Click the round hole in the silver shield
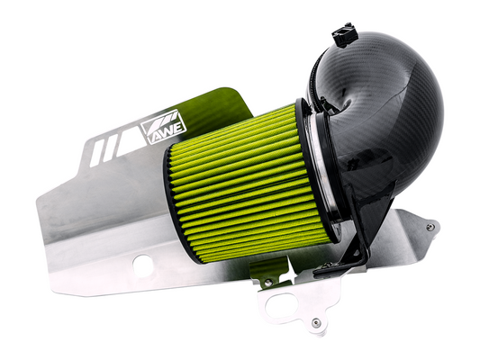140,263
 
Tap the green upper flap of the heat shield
216,103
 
